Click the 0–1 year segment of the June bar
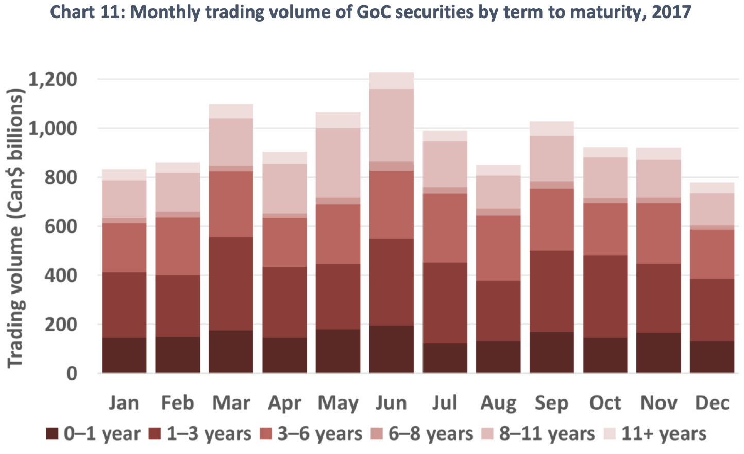tap(391, 349)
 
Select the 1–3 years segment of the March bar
tap(231, 283)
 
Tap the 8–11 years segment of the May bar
tap(338, 163)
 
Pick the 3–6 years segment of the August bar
tap(498, 248)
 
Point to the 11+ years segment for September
tap(552, 128)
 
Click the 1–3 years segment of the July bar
tap(445, 302)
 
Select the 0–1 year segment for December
tap(712, 356)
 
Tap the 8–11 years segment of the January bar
tap(124, 199)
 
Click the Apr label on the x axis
tap(284, 403)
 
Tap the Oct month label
tap(605, 403)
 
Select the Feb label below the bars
tap(177, 403)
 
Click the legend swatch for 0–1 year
tap(52, 434)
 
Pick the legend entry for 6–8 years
tap(430, 434)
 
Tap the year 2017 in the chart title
tap(671, 11)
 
